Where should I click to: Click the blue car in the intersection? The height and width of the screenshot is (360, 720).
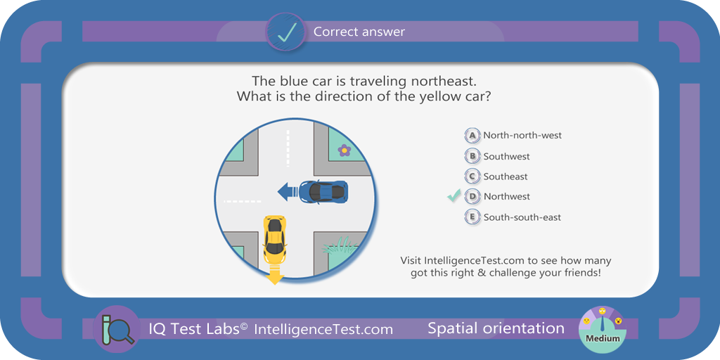(323, 191)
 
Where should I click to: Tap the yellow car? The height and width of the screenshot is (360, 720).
(275, 238)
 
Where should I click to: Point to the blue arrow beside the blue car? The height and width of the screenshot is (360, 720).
(288, 191)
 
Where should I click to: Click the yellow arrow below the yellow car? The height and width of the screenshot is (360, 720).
(275, 273)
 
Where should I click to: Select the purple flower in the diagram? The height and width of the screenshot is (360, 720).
(345, 150)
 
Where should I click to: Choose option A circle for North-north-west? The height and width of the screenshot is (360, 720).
(472, 136)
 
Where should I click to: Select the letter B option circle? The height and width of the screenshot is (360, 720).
(472, 156)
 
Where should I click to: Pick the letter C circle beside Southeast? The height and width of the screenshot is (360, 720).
(472, 176)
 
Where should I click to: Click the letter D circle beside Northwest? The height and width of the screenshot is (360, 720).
(472, 197)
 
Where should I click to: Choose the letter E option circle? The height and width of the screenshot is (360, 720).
(472, 217)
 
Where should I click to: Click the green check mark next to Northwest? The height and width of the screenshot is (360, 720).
(454, 195)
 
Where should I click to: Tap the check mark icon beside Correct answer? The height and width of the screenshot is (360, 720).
(285, 31)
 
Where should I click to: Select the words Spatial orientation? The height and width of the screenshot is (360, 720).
(496, 328)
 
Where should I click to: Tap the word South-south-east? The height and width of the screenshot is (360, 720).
(522, 217)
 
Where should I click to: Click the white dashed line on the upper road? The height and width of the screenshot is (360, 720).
(288, 148)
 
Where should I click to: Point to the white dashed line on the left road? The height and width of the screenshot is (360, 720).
(242, 200)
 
